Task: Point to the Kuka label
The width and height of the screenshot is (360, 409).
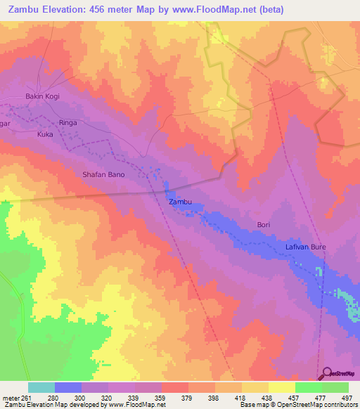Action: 45,134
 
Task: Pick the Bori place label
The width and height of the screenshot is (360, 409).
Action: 264,224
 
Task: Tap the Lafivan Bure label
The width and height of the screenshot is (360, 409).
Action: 306,247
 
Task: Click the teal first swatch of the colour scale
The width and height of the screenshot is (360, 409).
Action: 41,387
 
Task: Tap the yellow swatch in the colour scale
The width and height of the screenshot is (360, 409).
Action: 281,387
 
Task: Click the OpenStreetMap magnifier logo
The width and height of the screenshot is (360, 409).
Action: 326,373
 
